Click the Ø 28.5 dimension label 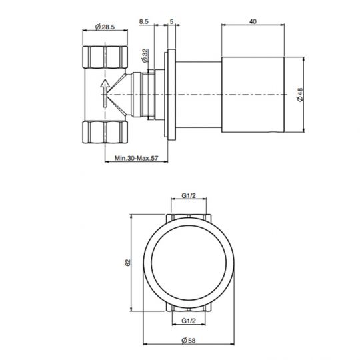pos(106,27)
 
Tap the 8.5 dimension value pos(144,21)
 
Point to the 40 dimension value pos(253,21)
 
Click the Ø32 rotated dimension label pos(145,55)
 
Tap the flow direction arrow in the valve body pos(103,93)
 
